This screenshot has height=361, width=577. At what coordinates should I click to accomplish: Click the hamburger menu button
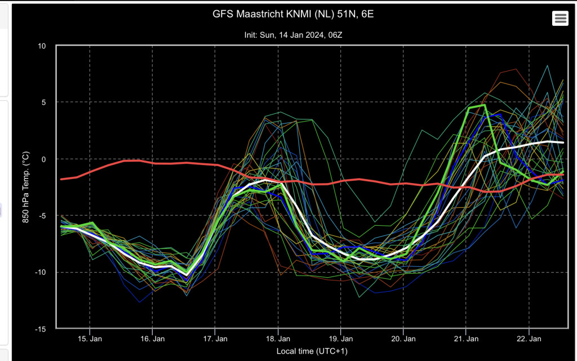point(560,18)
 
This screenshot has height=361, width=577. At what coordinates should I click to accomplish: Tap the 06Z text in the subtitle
point(335,35)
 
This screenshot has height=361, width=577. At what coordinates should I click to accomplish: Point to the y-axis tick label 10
point(42,46)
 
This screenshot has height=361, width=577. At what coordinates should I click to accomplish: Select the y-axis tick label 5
point(44,102)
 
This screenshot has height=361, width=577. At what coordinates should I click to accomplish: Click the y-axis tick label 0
point(44,159)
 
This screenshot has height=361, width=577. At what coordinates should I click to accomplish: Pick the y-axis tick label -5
point(42,216)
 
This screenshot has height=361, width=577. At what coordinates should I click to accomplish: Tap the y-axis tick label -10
point(41,273)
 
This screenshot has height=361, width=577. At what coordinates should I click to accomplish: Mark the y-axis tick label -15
point(41,329)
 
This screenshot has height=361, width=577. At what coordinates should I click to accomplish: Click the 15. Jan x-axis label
point(90,339)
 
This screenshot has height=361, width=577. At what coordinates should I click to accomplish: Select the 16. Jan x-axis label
point(152,339)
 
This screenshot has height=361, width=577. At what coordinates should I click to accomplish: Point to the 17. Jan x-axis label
point(215,339)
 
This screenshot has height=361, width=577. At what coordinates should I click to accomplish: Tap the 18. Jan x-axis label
point(278,339)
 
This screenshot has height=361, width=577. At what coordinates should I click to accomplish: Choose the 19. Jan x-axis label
point(341,339)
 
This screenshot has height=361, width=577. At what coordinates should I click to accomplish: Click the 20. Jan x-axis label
point(403,339)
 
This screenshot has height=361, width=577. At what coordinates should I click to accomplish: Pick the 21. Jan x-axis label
point(466,339)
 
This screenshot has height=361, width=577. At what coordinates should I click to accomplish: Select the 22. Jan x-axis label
point(529,339)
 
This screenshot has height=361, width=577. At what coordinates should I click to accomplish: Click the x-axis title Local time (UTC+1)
point(312,351)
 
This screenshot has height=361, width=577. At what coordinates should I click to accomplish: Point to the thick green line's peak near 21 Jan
point(485,105)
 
